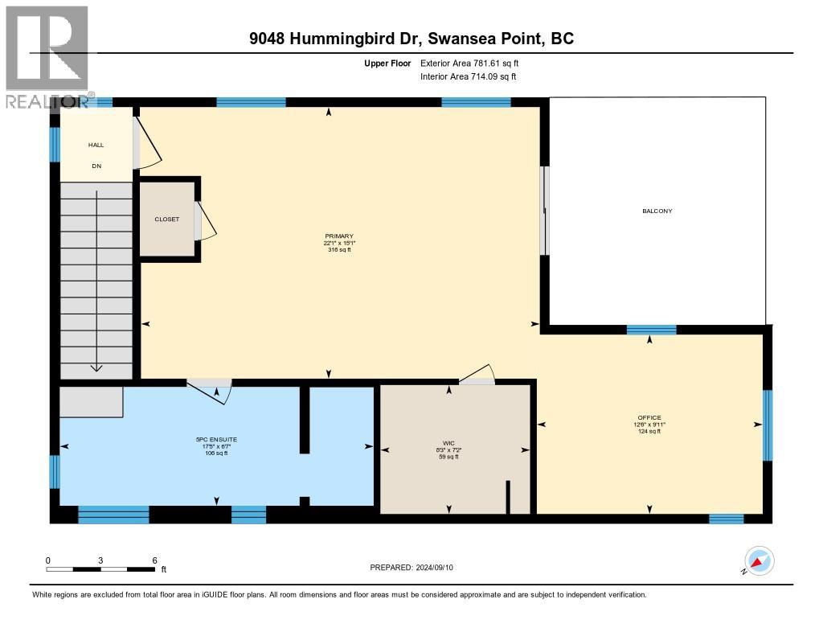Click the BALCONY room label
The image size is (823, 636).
coord(657,211)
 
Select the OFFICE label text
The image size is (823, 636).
coord(649,417)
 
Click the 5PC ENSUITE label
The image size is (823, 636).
coord(216,439)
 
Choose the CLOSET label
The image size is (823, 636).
coord(167,219)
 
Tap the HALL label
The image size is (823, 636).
coord(96,145)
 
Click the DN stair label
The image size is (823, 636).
coord(96,166)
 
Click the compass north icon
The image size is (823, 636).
coord(759,560)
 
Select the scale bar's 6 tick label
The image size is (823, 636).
coord(154,560)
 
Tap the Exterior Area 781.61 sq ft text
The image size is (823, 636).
coord(475,63)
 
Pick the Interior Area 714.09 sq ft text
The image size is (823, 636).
coord(468,76)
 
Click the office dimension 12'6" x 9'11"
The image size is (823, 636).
coord(649,425)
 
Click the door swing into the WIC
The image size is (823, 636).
coord(479,373)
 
